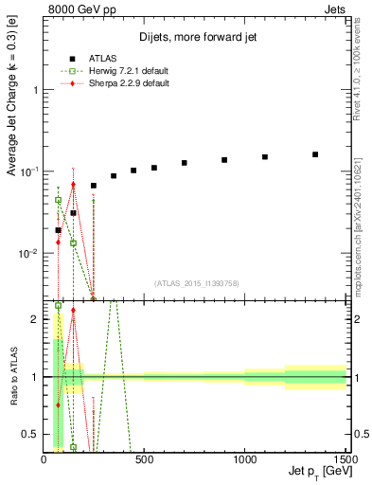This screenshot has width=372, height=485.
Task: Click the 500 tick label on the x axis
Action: click(145, 460)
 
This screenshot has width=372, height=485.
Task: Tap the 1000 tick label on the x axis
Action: click(244, 460)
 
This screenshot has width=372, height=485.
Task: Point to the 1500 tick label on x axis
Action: click(344, 460)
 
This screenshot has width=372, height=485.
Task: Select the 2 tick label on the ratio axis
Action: click(35, 319)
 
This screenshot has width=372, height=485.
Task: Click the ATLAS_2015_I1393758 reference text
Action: click(195, 283)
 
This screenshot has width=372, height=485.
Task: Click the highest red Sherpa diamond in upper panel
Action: click(73, 185)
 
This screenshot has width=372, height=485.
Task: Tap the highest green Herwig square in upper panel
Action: click(58, 200)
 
